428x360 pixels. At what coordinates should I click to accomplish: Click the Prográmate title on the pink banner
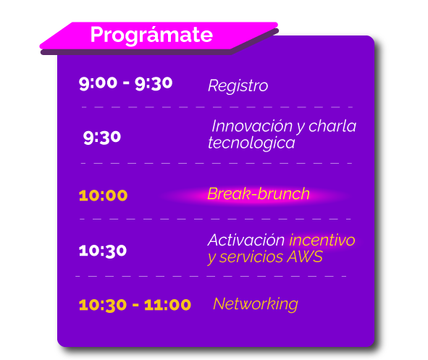[151, 35]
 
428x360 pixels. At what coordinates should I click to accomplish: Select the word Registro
[238, 86]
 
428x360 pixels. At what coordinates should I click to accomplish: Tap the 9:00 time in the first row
[98, 83]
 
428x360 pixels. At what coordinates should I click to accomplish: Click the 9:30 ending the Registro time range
[154, 83]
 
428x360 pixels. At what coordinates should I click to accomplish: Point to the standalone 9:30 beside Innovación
[102, 138]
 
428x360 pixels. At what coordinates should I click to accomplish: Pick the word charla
[332, 126]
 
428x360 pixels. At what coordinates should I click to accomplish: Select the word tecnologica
[251, 143]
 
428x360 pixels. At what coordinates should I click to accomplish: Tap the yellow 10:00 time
[103, 196]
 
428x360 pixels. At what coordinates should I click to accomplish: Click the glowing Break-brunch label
[259, 194]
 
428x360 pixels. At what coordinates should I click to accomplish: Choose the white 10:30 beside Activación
[103, 251]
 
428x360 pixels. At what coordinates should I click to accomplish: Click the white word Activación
[246, 240]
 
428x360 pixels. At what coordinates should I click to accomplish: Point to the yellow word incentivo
[322, 240]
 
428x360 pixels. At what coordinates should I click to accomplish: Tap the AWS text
[305, 257]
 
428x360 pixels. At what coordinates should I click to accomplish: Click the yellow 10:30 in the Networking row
[103, 305]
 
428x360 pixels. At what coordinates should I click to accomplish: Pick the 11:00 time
[167, 305]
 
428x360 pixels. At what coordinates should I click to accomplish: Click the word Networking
[256, 304]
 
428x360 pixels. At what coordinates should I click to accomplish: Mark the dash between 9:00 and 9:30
[126, 83]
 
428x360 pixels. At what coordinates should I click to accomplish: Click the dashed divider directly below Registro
[217, 107]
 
